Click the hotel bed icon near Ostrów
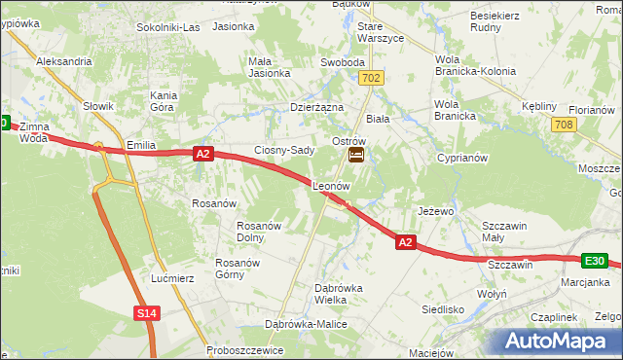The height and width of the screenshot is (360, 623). tap(356, 155)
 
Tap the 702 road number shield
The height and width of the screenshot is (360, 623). tap(370, 76)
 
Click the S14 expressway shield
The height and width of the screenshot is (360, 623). tap(146, 312)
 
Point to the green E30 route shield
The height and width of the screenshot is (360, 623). tap(596, 261)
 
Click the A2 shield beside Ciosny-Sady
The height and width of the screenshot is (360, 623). tap(202, 153)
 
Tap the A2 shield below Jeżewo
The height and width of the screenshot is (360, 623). tap(408, 241)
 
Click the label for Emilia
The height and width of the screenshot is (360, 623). tap(142, 145)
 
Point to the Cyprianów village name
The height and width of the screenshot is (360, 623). tap(461, 157)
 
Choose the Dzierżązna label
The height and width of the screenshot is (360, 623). tap(317, 108)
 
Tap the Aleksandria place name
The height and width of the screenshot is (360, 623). tap(63, 60)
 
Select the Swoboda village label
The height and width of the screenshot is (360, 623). tap(342, 62)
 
